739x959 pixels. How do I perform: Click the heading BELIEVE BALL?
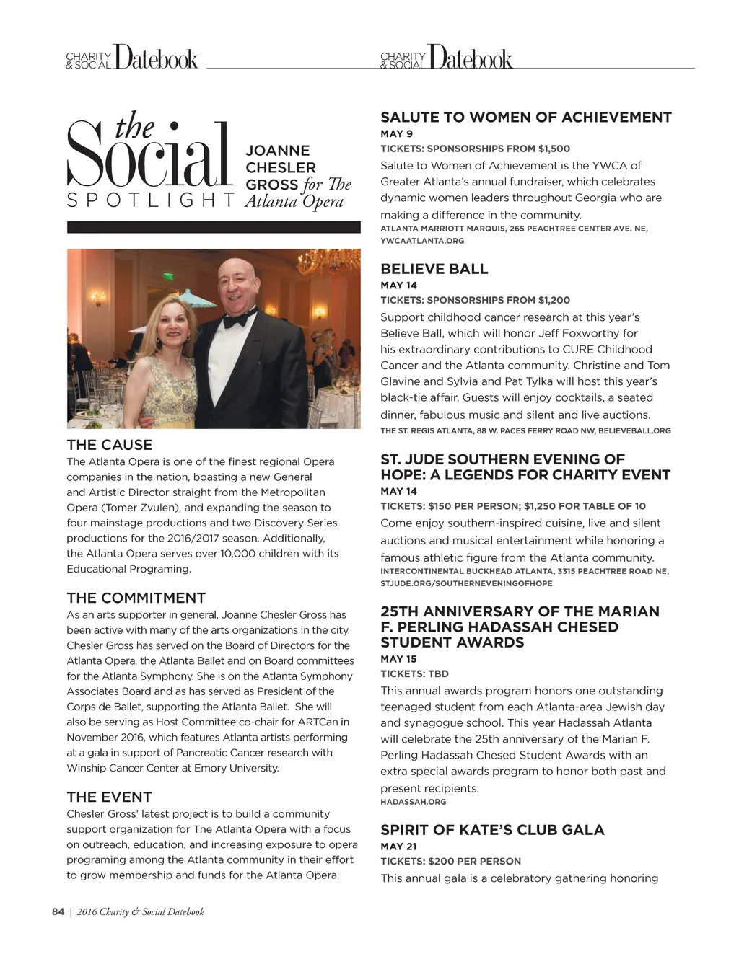point(434,269)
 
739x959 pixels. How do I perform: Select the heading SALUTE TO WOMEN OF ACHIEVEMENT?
point(525,118)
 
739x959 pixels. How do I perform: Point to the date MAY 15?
point(398,659)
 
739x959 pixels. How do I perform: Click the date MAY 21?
point(398,847)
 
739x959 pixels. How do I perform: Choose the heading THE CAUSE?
point(110,445)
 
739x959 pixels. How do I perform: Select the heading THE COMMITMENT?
point(136,598)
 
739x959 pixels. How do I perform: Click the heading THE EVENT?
point(109,797)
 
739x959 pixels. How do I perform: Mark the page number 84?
point(58,912)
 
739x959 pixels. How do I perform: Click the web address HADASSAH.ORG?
point(413,802)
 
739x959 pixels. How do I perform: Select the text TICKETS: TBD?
point(414,674)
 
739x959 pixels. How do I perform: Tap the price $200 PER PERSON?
point(474,862)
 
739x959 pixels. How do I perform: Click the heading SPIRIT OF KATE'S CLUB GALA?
point(492,830)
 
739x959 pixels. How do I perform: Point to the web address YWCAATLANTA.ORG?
point(422,241)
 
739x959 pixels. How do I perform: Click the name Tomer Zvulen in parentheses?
point(144,508)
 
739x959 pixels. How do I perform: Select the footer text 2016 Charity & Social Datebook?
point(141,912)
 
